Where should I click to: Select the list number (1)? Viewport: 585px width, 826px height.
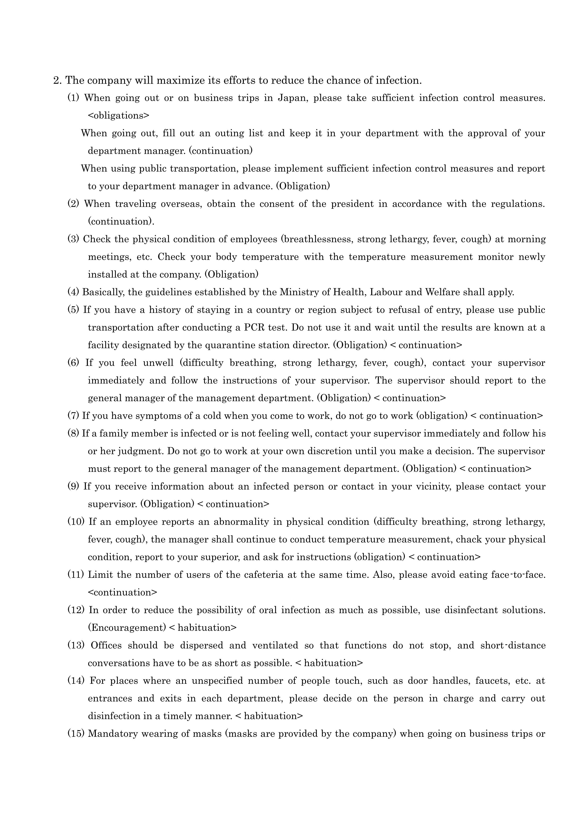74,98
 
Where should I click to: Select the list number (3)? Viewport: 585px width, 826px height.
74,239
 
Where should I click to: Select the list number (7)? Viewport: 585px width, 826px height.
74,416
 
